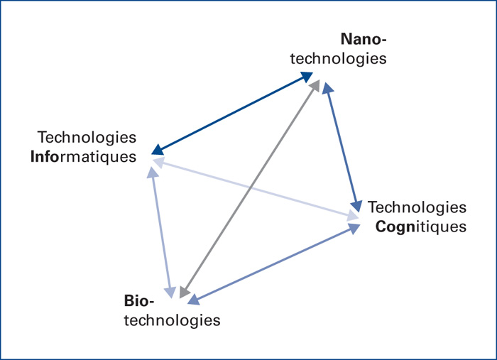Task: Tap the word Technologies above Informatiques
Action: [x=87, y=137]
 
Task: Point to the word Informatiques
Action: [x=83, y=156]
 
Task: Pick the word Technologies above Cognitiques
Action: [x=417, y=208]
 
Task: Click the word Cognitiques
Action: [x=420, y=227]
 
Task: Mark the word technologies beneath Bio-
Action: [x=173, y=320]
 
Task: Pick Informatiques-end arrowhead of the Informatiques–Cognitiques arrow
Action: [x=156, y=162]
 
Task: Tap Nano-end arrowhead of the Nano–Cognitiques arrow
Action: [x=327, y=88]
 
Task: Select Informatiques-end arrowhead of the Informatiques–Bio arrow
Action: [x=153, y=173]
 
